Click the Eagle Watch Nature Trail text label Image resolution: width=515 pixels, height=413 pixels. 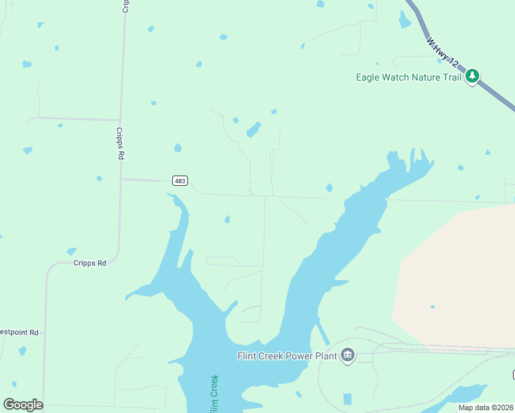pyautogui.click(x=408, y=77)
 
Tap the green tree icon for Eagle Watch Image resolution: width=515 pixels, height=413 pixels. pyautogui.click(x=472, y=76)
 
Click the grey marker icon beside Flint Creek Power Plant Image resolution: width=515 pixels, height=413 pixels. pyautogui.click(x=348, y=355)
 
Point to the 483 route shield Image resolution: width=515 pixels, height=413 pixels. pyautogui.click(x=179, y=180)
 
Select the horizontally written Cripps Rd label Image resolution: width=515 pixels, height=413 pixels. pyautogui.click(x=91, y=263)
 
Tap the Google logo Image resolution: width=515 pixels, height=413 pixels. pyautogui.click(x=23, y=405)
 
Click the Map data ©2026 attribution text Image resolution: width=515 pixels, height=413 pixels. pyautogui.click(x=485, y=407)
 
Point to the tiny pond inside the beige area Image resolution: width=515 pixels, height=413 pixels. pyautogui.click(x=432, y=307)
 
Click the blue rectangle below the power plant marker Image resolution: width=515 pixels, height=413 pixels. pyautogui.click(x=347, y=399)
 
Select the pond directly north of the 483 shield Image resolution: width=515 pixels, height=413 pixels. pyautogui.click(x=178, y=148)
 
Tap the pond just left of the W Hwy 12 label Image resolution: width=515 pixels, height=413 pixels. pyautogui.click(x=404, y=20)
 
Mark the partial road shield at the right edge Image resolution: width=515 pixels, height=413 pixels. pyautogui.click(x=513, y=374)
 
